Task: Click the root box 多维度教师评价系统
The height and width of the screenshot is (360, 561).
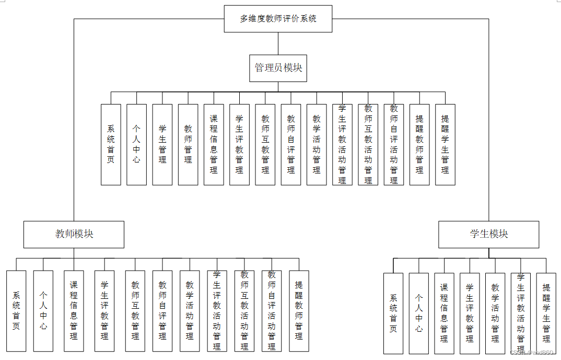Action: point(278,19)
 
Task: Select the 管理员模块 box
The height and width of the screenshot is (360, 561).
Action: point(278,68)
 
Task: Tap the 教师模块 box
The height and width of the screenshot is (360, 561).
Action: point(74,234)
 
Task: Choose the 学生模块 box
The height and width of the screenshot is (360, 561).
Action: point(488,234)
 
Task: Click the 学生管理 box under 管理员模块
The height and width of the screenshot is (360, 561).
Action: point(162,145)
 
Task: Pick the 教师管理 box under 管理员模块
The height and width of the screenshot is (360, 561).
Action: point(188,145)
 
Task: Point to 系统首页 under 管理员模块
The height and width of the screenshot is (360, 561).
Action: point(111,145)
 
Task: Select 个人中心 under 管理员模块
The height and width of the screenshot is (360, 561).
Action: point(136,145)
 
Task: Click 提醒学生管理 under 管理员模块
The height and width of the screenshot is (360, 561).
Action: point(445,145)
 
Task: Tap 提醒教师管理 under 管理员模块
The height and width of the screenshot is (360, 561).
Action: point(419,145)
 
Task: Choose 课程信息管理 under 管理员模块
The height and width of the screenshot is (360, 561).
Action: point(214,145)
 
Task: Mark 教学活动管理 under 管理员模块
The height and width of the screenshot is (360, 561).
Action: point(317,145)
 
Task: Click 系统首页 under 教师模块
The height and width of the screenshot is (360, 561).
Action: point(16,311)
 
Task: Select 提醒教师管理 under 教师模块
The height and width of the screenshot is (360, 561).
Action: point(299,311)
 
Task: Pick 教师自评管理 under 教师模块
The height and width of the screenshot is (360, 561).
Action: point(162,311)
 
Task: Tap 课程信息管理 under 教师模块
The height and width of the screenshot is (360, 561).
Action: point(74,311)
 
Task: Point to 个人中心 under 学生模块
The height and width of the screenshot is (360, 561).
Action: point(419,313)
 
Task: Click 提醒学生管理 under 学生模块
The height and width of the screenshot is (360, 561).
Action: point(546,313)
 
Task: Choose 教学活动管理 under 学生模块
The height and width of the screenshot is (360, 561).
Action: point(495,313)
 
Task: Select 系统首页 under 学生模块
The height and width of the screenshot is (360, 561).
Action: point(393,313)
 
